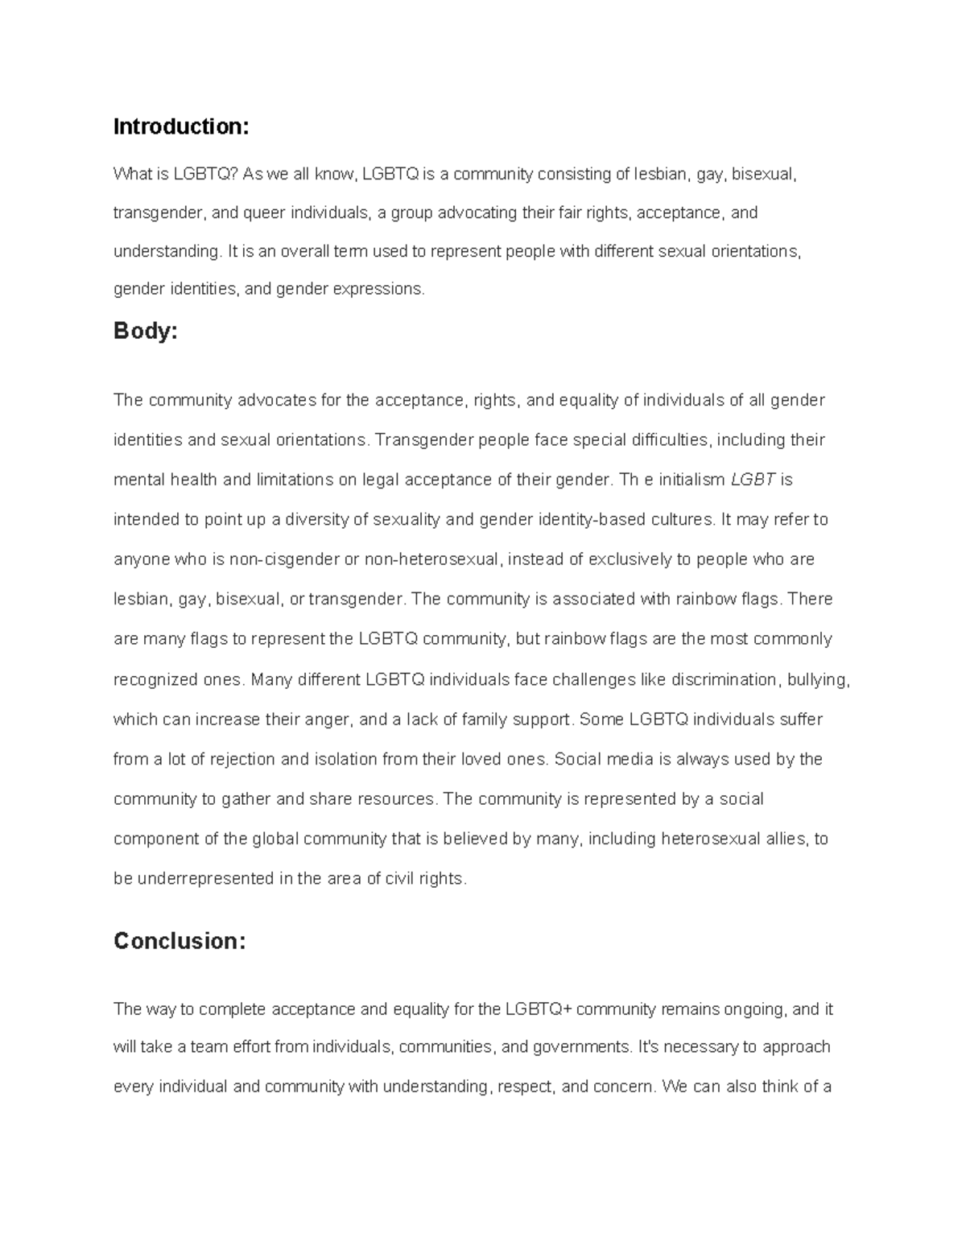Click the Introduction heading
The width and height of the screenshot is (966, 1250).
pyautogui.click(x=181, y=126)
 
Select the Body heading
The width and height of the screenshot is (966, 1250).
pyautogui.click(x=145, y=331)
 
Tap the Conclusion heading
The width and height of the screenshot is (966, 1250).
pyautogui.click(x=179, y=941)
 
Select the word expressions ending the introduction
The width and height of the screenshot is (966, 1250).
pyautogui.click(x=383, y=289)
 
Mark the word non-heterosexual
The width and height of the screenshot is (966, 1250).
pyautogui.click(x=432, y=559)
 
